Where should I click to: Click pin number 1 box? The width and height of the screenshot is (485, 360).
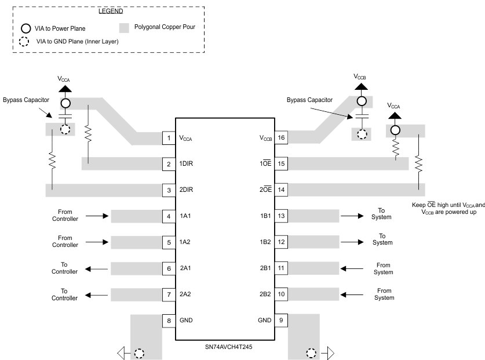coord(169,138)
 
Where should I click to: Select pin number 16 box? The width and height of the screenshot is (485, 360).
coord(281,138)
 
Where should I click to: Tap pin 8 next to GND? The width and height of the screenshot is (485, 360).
coord(169,320)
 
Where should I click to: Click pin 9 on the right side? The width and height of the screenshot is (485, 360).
coord(281,320)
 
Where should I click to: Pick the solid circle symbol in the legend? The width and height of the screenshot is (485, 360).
coord(26,28)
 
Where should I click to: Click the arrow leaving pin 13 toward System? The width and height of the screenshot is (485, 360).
coord(352,216)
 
